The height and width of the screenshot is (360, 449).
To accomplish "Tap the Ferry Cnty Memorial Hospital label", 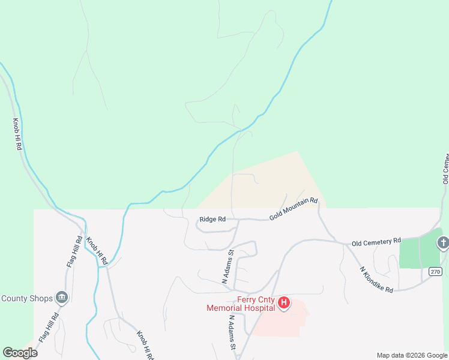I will coord(240,304).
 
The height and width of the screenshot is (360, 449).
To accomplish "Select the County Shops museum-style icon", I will coord(61,297).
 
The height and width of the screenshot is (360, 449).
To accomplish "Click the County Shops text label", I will coord(26,298).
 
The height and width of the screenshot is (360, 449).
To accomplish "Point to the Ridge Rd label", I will coord(213,220).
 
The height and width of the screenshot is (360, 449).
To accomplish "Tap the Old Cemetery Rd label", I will coord(376,242).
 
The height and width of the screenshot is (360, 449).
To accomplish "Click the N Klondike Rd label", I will coord(377,279).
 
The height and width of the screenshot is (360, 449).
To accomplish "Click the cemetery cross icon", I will coord(442,242).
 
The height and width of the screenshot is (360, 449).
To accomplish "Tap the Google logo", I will coord(20,352).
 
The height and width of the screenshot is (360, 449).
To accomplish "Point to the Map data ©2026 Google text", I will coord(412,355).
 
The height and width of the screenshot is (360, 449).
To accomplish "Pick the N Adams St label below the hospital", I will coord(232,334).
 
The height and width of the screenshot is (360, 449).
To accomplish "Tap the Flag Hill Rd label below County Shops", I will coord(48,328).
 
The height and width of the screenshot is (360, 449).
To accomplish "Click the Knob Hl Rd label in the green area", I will coord(17,134).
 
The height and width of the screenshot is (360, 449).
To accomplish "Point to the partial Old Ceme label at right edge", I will coord(445,168).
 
